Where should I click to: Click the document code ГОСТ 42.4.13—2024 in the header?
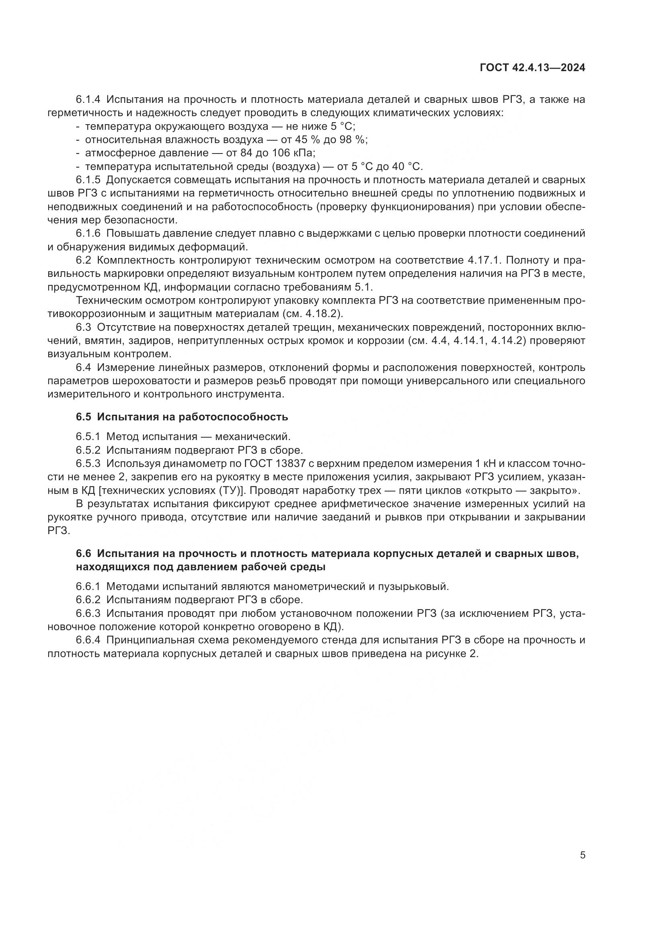[x=532, y=68]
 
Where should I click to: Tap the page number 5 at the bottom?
[x=583, y=844]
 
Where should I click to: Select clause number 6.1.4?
[x=88, y=100]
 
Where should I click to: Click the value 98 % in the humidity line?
[x=353, y=139]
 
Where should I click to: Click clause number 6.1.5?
[x=88, y=180]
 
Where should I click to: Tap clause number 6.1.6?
[x=88, y=233]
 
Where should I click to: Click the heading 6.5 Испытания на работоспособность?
[x=182, y=417]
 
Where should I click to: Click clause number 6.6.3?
[x=88, y=613]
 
